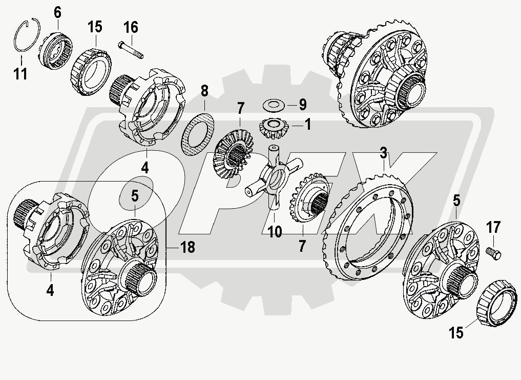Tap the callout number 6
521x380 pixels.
click(x=57, y=11)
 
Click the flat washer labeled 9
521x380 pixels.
click(x=272, y=105)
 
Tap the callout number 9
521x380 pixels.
click(x=302, y=105)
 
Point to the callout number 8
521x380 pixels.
click(x=204, y=92)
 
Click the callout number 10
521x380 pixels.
click(x=275, y=232)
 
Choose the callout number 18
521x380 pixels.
click(x=187, y=247)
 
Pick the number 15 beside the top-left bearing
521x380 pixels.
click(x=94, y=27)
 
